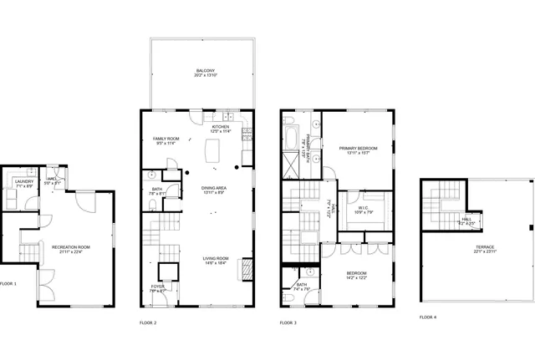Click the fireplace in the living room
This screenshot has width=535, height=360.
click(x=247, y=270)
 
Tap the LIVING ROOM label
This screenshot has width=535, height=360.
click(x=215, y=259)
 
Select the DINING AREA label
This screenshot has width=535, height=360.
click(x=215, y=188)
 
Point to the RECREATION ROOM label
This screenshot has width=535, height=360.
click(x=70, y=247)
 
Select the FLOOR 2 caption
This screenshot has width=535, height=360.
click(x=148, y=322)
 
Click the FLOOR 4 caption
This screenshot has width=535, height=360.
click(x=427, y=317)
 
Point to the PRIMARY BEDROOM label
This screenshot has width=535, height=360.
click(x=358, y=148)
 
